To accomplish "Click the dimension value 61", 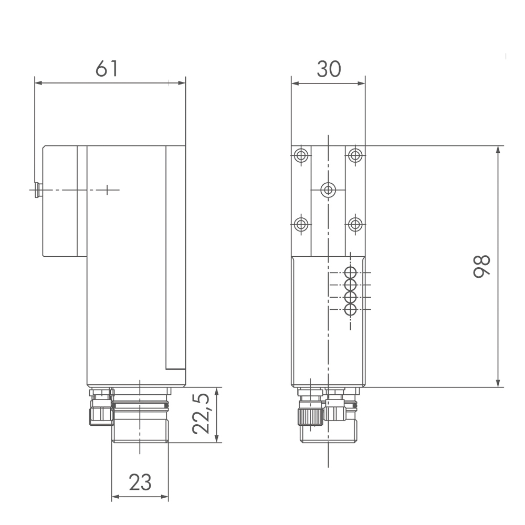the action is point(107,69).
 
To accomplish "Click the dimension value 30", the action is point(329,69).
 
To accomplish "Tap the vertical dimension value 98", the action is point(481,266).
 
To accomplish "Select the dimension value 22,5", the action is point(201,414).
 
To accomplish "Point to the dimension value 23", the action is point(140,482).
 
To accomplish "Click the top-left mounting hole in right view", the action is point(301,155).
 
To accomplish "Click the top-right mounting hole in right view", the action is point(355,155).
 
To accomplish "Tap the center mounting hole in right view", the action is point(328,190).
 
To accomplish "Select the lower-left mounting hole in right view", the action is point(301,224).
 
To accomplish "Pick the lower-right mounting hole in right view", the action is point(355,224).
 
